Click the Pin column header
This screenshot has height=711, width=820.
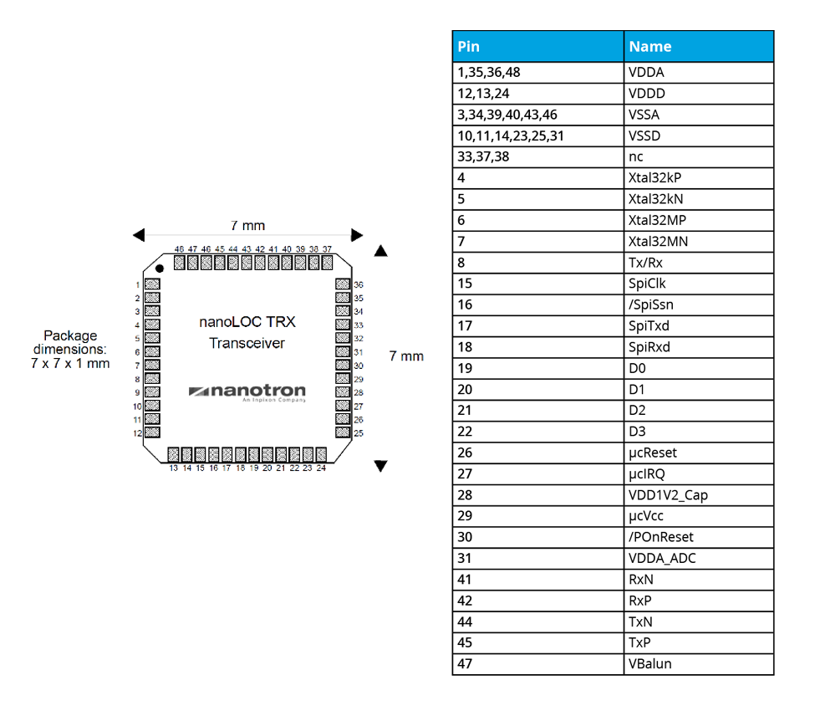pos(537,47)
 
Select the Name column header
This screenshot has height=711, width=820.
pos(698,47)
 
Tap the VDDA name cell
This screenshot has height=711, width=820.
pos(698,73)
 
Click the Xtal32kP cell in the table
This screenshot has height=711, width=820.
pos(698,178)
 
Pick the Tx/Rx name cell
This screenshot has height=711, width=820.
pos(698,263)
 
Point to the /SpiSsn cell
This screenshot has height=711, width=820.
pos(698,305)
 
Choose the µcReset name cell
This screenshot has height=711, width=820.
pos(698,453)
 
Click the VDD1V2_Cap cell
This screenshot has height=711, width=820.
pos(698,495)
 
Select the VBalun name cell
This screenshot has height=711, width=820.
pos(698,664)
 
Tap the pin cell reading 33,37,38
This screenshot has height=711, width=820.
pos(537,157)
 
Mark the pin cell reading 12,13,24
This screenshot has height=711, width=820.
pos(537,94)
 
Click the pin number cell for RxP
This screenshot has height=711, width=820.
pos(537,601)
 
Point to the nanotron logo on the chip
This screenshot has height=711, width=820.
pos(247,392)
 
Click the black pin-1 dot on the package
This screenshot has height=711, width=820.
pos(158,269)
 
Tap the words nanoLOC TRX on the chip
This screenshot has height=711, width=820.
pos(247,322)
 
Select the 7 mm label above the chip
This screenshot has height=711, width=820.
pos(247,226)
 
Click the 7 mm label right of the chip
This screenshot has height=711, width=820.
pos(406,356)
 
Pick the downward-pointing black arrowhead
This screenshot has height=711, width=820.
pos(381,466)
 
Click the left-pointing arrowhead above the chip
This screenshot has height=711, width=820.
pos(139,234)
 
